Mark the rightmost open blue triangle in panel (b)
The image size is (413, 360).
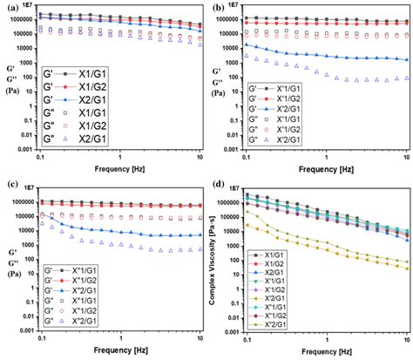(407, 79)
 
